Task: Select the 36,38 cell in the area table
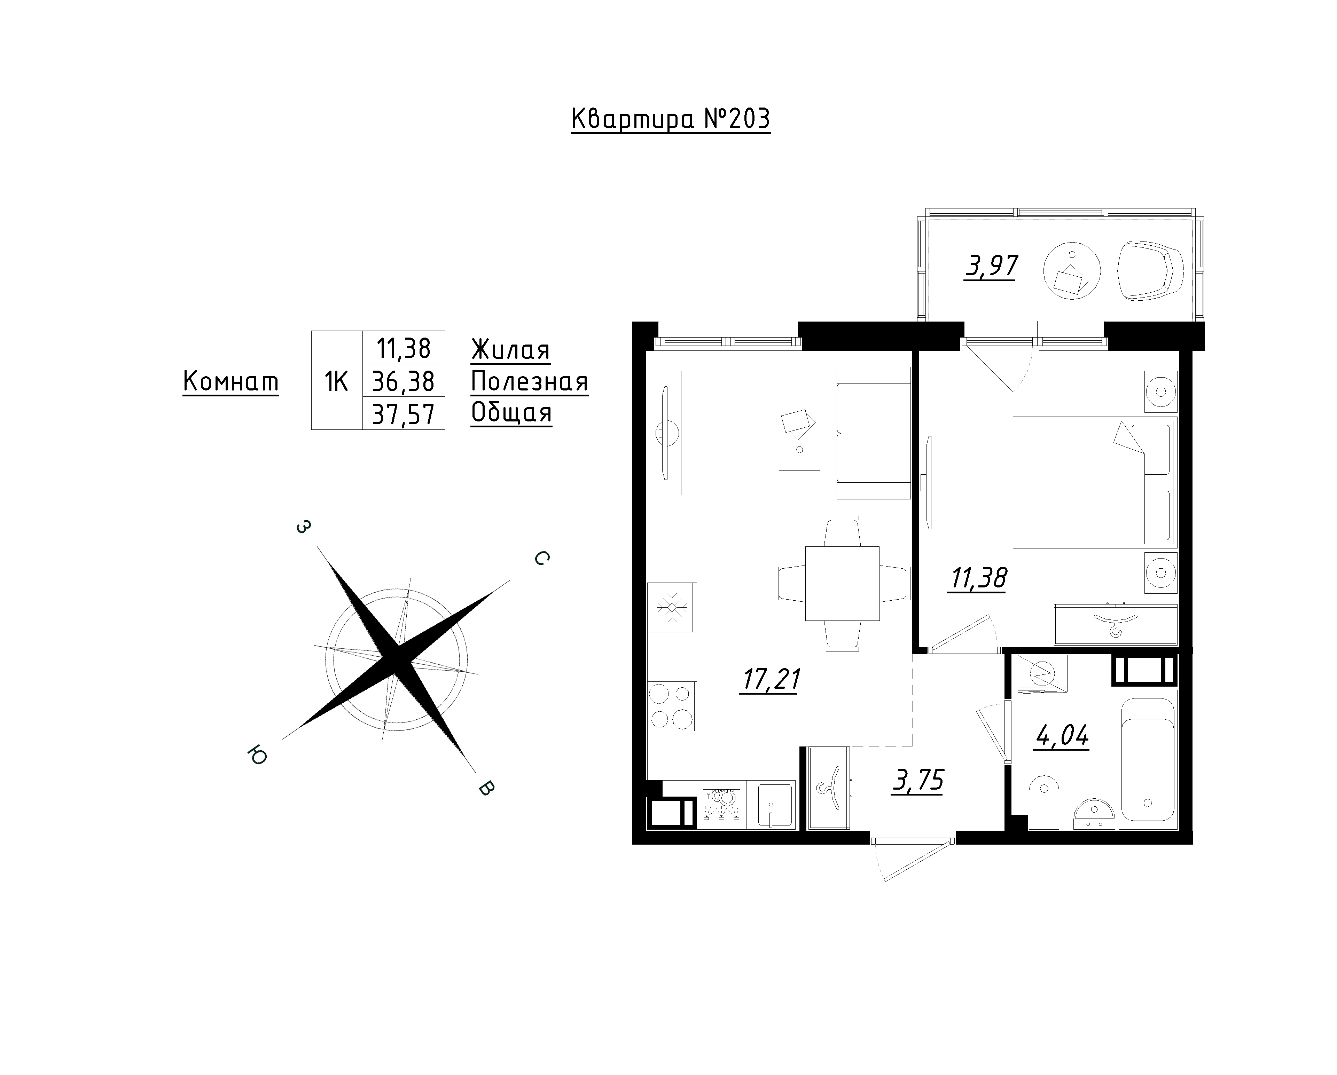403,381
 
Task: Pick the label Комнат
231,381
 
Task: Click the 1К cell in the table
337,381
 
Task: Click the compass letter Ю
257,756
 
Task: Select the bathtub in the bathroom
1148,759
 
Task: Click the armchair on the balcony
1150,270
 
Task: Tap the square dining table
842,583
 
